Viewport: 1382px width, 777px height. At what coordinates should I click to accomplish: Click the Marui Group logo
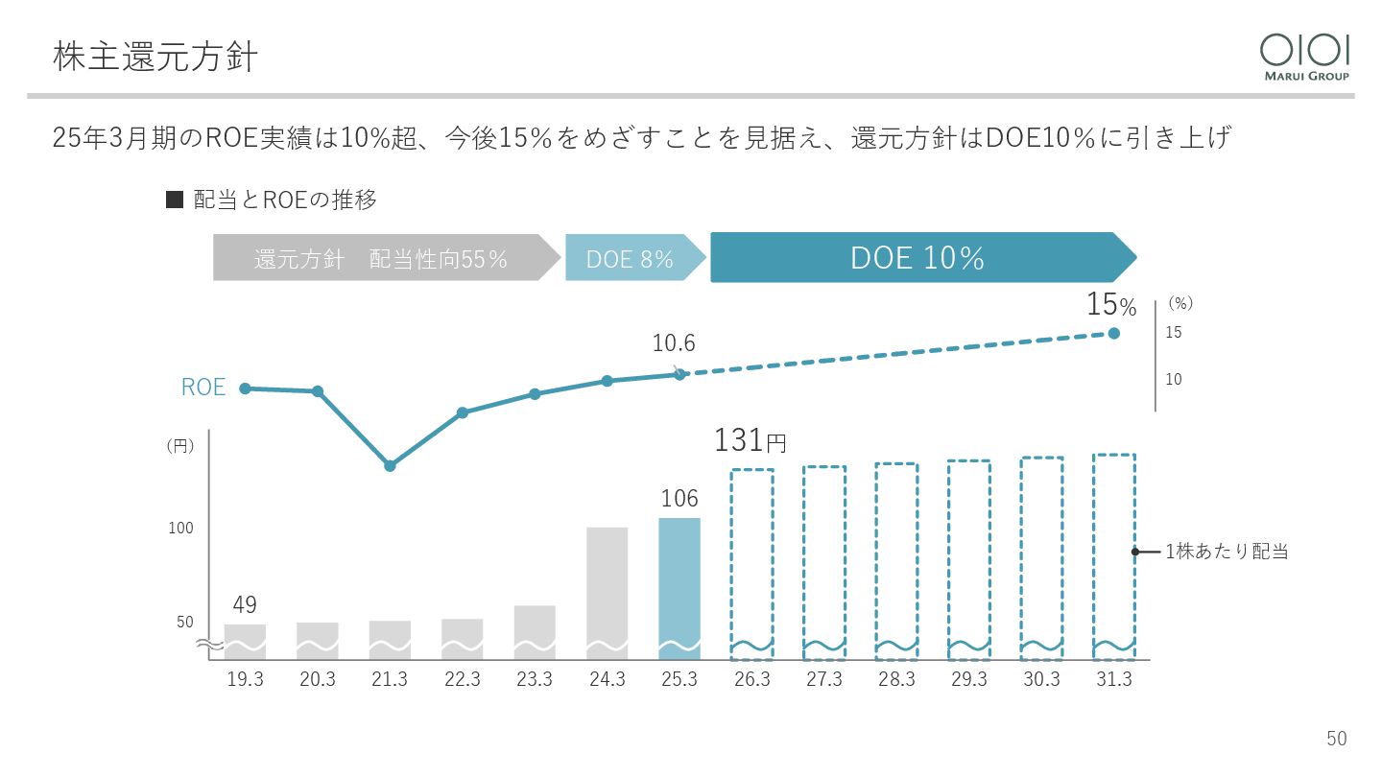tap(1304, 57)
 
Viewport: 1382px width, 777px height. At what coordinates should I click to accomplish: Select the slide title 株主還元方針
tap(155, 57)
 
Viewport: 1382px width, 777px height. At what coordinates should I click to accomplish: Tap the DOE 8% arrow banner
tap(631, 258)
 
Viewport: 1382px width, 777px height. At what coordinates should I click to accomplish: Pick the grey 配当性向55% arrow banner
tap(382, 258)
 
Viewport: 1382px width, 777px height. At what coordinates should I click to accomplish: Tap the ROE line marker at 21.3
tap(390, 466)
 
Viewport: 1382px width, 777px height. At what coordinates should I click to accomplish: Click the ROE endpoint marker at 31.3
tap(1113, 333)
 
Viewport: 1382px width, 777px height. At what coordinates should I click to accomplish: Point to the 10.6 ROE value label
tap(673, 343)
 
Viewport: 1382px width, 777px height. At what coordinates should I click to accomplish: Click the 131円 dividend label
tap(750, 440)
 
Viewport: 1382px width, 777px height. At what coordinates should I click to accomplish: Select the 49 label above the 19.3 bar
tap(245, 605)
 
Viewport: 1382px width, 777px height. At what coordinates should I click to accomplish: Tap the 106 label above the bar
tap(679, 499)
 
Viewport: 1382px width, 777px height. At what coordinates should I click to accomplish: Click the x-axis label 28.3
tap(896, 679)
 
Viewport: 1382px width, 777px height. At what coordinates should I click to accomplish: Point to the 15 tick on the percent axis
tap(1173, 333)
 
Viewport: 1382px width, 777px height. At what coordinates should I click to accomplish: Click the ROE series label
tap(203, 388)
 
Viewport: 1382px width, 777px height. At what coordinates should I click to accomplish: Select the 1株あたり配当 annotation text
tap(1226, 552)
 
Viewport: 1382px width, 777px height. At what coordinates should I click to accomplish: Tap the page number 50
tap(1337, 739)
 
